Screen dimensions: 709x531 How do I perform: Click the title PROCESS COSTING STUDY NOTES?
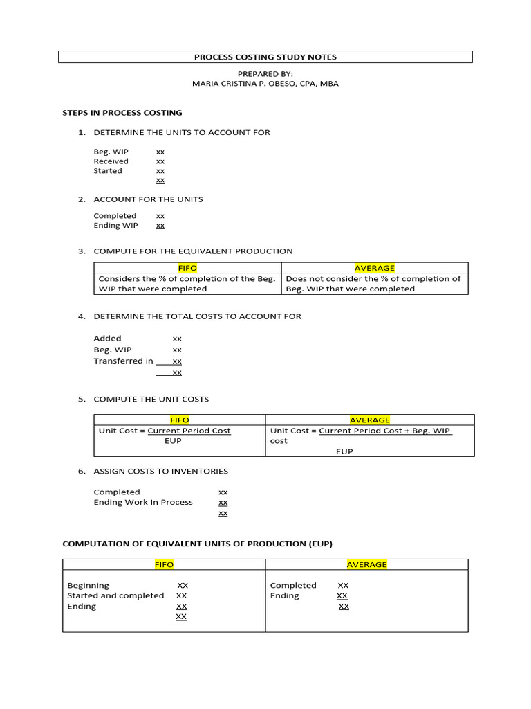tap(265, 57)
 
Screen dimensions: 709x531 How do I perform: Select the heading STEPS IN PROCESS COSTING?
tap(122, 113)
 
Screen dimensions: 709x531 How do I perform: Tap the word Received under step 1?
tap(111, 161)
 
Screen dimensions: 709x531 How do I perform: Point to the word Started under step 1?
tap(108, 171)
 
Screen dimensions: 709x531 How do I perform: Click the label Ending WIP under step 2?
tap(115, 226)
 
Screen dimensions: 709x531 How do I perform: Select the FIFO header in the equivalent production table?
tap(187, 268)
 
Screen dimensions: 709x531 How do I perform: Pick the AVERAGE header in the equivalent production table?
tap(374, 268)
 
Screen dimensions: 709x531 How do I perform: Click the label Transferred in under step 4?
tap(123, 361)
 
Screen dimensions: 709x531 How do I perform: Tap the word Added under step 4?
tap(107, 339)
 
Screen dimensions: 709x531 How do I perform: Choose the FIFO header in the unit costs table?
tap(179, 420)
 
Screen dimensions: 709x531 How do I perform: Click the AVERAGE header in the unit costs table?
tap(369, 420)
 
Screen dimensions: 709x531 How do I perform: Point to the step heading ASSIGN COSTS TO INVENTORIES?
tap(160, 472)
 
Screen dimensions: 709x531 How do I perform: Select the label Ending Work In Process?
tap(143, 502)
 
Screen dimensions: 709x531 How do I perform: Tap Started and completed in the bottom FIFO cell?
tap(115, 595)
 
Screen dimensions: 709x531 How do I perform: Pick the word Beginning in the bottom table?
tap(88, 585)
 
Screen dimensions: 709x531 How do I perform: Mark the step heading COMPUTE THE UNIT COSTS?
tap(151, 400)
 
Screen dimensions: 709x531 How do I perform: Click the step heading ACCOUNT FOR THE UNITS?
tap(148, 199)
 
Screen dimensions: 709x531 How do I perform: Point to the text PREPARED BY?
tap(265, 73)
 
